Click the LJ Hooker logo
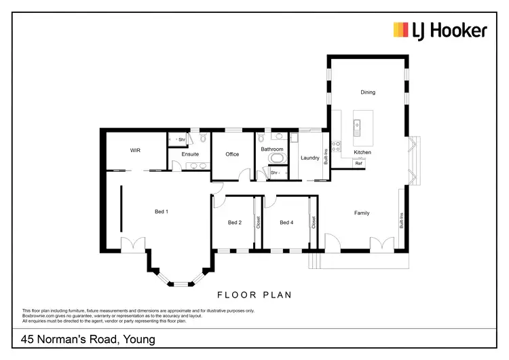pos(439,30)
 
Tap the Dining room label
pos(367,92)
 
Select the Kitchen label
pos(362,153)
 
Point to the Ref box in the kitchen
pos(359,164)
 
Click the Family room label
pos(362,213)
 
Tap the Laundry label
pos(309,158)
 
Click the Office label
pos(232,154)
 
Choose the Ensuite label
pos(191,154)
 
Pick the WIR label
pos(134,150)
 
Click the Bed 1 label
pos(161,212)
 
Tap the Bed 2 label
pos(235,223)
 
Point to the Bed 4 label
pos(286,223)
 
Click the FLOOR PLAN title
pos(254,295)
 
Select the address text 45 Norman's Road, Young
pos(88,339)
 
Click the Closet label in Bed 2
pos(258,221)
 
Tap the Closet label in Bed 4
pos(314,221)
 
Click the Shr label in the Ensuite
pos(182,140)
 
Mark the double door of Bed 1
pos(132,243)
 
